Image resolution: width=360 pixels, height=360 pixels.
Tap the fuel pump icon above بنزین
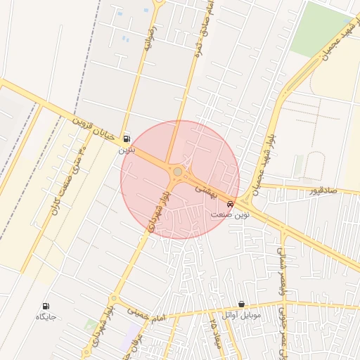pos(127,139)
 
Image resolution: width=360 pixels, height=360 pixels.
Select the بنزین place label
pos(125,149)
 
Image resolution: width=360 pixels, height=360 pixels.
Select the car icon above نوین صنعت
pos(231,204)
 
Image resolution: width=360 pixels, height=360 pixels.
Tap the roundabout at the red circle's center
pos(179,172)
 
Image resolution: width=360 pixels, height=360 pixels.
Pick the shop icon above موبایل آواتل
pos(242,304)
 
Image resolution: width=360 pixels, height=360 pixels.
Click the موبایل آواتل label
pos(241,315)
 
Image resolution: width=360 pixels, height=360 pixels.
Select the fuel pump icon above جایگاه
pos(46,306)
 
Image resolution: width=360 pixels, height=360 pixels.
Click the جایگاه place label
pos(46,316)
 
